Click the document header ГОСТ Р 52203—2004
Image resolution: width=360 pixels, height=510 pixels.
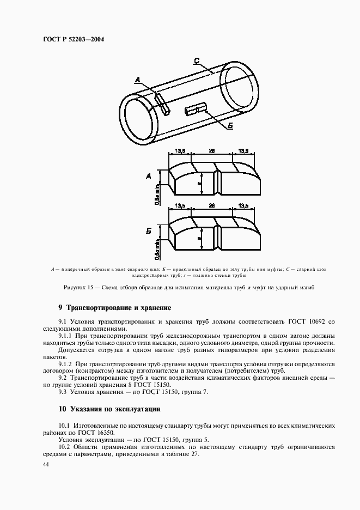[72, 39]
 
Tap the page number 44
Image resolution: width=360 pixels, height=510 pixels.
[45, 465]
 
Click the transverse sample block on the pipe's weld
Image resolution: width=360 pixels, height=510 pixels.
[162, 104]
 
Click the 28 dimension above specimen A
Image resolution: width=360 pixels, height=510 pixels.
[212, 151]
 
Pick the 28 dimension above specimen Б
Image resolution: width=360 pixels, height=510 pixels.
[212, 205]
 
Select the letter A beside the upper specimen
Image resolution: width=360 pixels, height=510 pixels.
[149, 177]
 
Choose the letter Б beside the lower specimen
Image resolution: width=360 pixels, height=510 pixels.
[148, 231]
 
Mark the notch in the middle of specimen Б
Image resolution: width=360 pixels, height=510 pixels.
[217, 235]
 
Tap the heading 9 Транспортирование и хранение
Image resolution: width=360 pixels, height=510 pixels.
[115, 308]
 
